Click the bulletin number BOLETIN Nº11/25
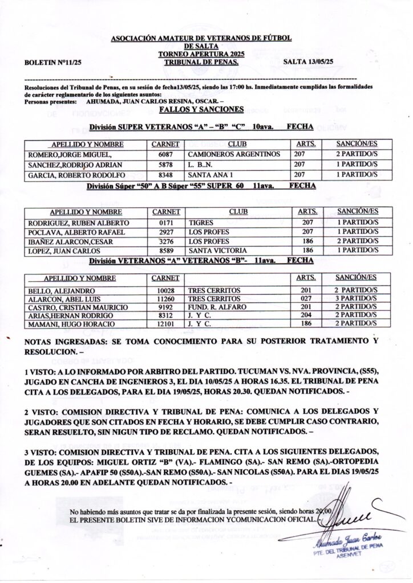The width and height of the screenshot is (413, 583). (51, 61)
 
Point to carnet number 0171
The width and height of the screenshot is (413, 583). (166, 223)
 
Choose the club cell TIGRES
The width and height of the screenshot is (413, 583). (200, 223)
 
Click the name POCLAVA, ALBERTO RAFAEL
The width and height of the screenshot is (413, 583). (76, 232)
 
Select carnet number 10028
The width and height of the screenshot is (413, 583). (165, 290)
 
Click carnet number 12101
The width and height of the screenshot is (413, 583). (165, 324)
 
